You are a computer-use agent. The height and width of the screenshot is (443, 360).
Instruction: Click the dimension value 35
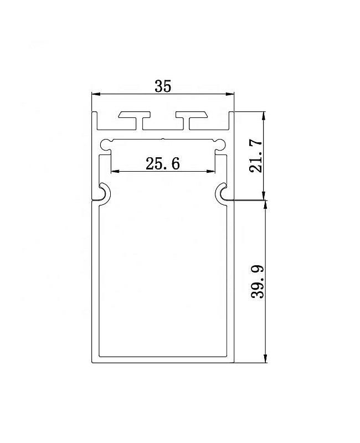pyautogui.click(x=163, y=86)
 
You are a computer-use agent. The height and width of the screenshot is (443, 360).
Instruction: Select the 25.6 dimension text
pyautogui.click(x=163, y=164)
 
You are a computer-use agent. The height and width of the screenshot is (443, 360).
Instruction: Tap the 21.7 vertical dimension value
pyautogui.click(x=256, y=156)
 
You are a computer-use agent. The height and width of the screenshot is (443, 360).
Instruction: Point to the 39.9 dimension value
pyautogui.click(x=257, y=281)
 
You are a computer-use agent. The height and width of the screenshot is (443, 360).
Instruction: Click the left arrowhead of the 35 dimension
pyautogui.click(x=96, y=94)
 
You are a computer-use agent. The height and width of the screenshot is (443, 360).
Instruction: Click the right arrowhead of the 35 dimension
pyautogui.click(x=230, y=94)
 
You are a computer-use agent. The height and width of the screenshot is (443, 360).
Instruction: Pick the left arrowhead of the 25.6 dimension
pyautogui.click(x=115, y=171)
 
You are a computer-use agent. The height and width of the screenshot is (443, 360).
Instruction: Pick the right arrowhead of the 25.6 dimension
pyautogui.click(x=211, y=171)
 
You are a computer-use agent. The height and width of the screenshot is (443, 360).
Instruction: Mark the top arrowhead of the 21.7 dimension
pyautogui.click(x=264, y=116)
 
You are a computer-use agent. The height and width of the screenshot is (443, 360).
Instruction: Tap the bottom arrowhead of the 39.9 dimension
pyautogui.click(x=265, y=358)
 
